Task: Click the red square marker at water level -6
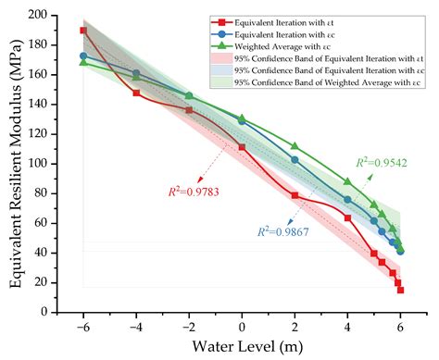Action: [83, 31]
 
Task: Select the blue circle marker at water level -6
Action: [83, 56]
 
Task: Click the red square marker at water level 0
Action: [242, 147]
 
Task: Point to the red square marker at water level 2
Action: [295, 195]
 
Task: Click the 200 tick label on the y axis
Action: [59, 16]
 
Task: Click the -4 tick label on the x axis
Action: [135, 328]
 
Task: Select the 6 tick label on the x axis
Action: [400, 328]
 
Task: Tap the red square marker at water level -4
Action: [136, 93]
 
